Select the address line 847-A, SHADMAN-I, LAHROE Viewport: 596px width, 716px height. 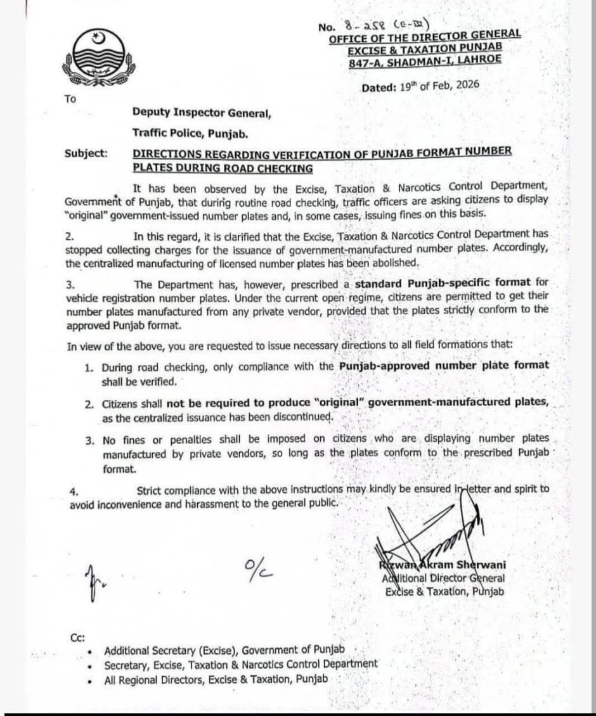coord(425,59)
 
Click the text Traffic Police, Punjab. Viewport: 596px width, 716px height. coord(190,134)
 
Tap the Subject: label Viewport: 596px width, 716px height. coord(86,153)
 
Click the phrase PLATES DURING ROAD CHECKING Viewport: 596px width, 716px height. coord(223,168)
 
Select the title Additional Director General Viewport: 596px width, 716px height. coord(443,578)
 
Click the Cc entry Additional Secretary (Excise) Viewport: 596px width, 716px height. coord(224,651)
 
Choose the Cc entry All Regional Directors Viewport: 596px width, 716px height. coord(216,679)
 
